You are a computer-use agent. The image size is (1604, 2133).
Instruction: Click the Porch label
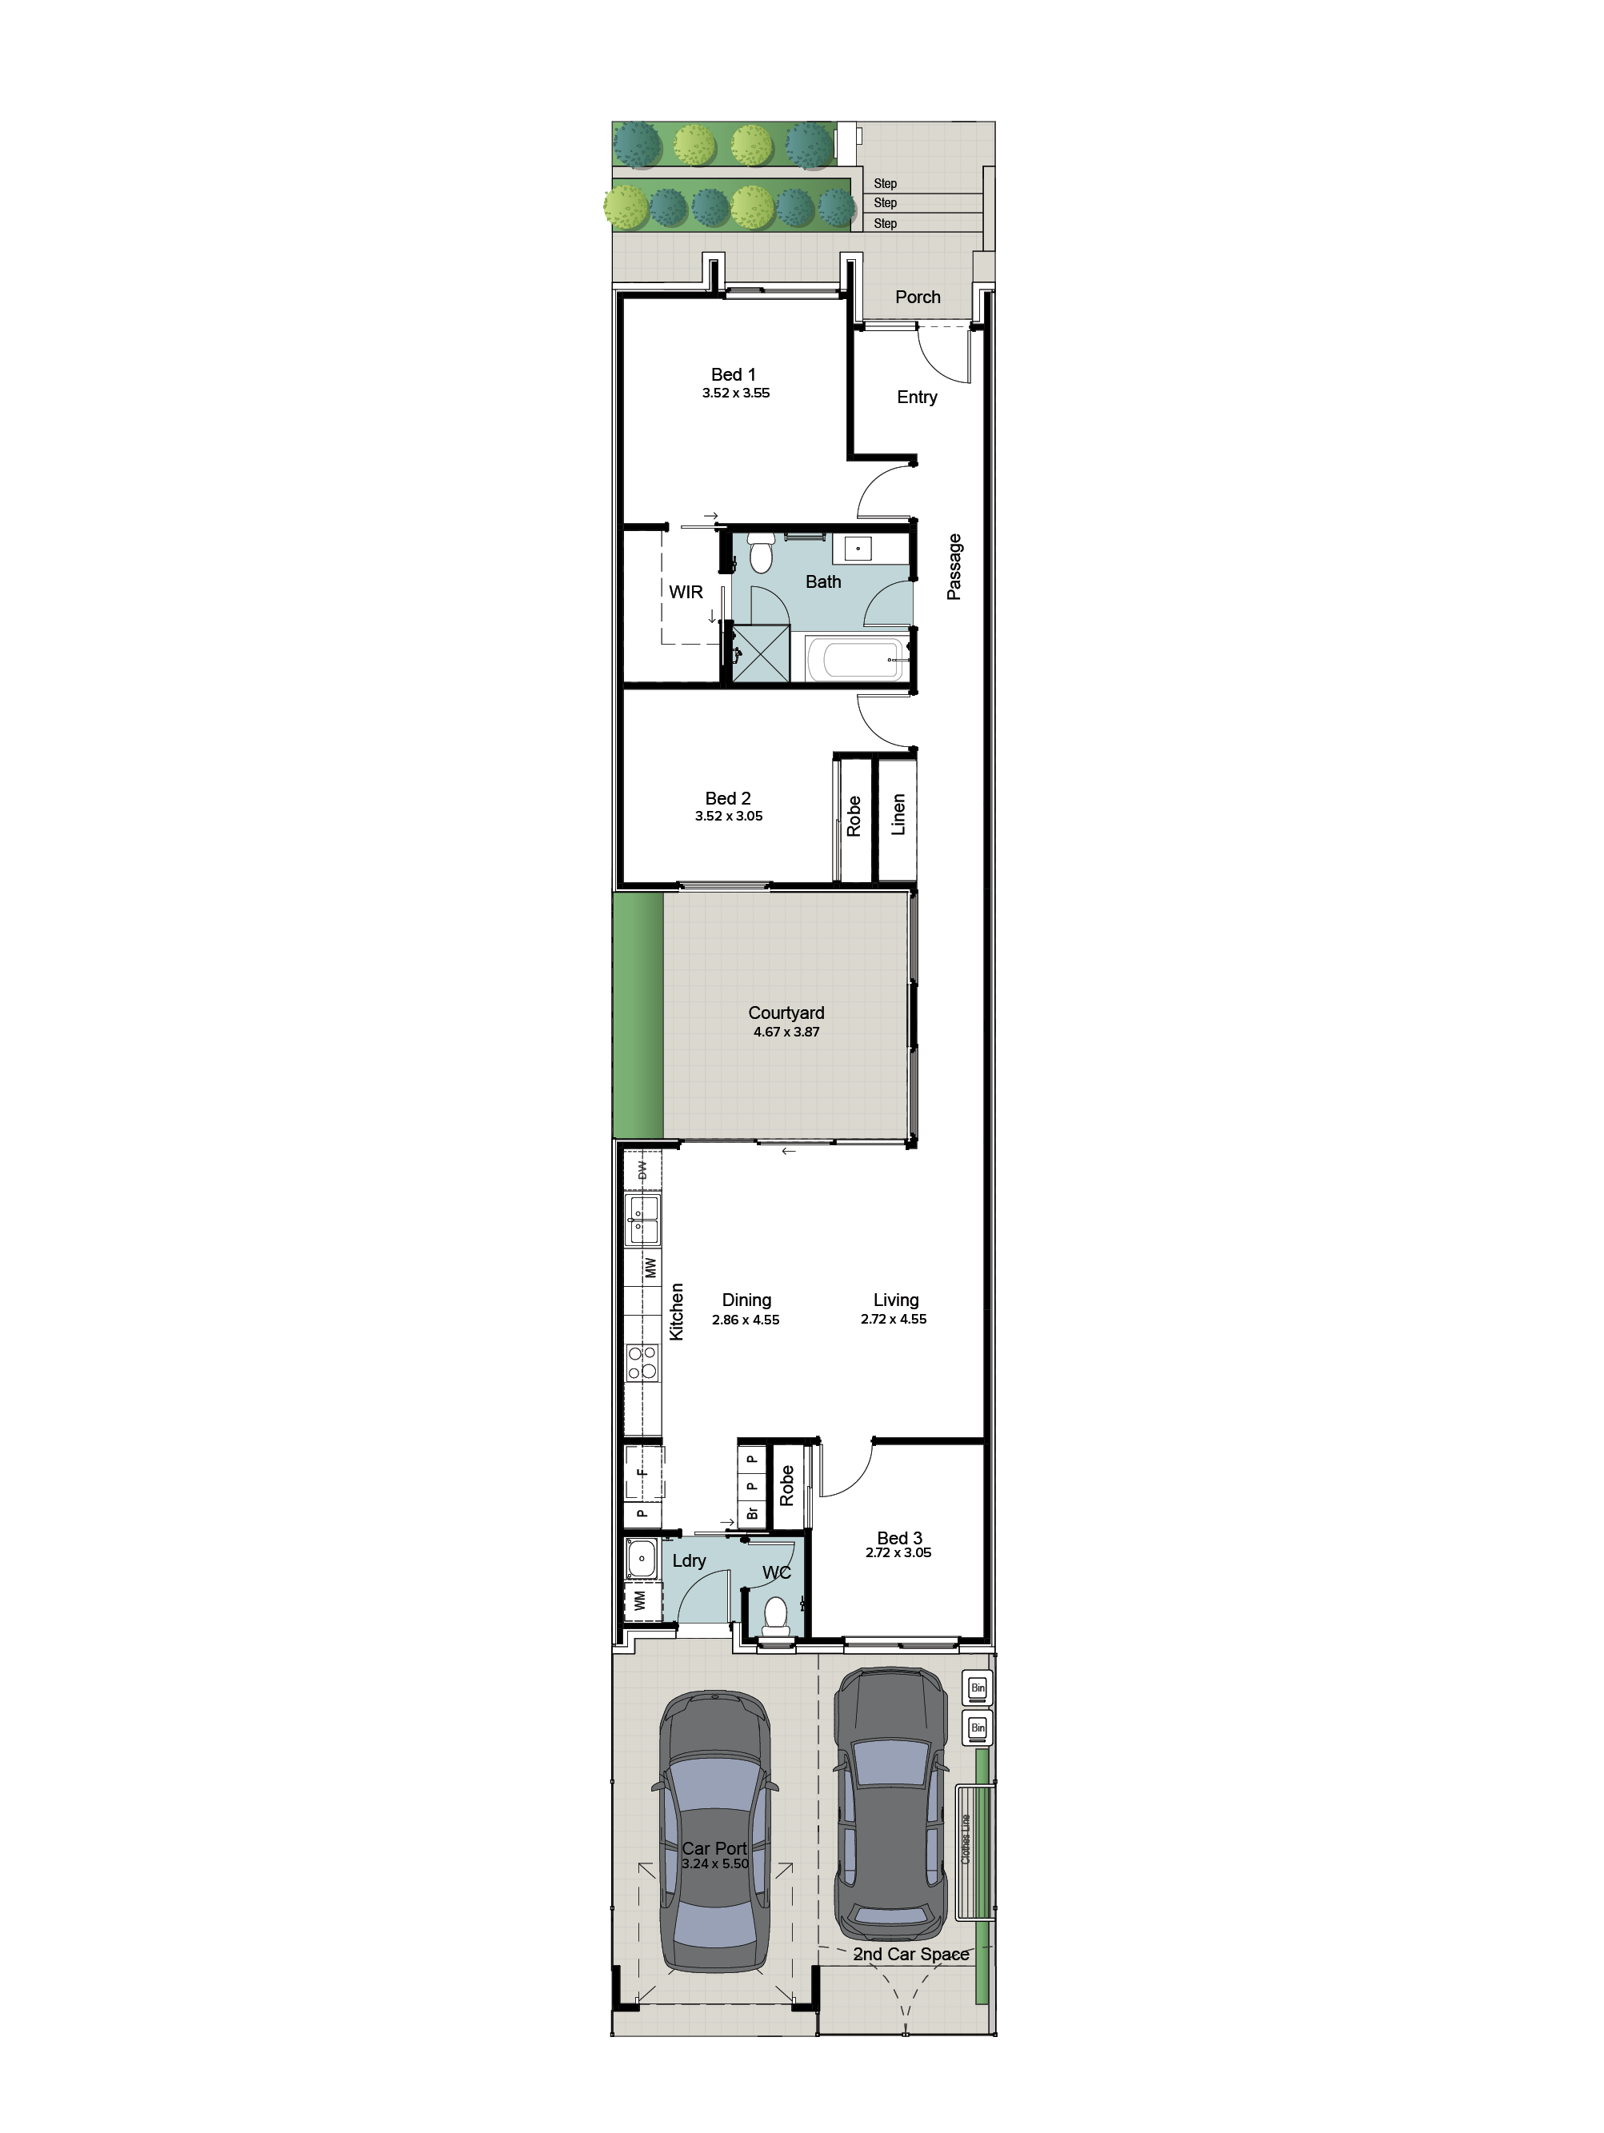coord(918,297)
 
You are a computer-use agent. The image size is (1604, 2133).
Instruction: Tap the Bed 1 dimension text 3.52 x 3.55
coord(736,393)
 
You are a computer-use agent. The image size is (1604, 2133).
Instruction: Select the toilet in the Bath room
coord(761,553)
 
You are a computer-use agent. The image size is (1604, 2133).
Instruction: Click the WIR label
coord(686,592)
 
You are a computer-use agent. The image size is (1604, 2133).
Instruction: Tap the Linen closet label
coord(898,815)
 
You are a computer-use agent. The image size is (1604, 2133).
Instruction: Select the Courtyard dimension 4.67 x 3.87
coord(787,1032)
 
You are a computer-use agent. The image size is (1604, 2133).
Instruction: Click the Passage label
coord(954,567)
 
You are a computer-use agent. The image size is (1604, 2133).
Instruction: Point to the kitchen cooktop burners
coord(642,1361)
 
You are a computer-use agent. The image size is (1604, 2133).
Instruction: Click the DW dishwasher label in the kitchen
coord(642,1170)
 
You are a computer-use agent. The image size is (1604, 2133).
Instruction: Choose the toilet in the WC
coord(775,1614)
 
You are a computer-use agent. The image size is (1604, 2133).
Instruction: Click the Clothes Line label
coord(966,1838)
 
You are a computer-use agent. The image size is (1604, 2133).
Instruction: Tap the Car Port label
coord(714,1848)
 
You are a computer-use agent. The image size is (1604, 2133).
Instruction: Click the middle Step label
coord(886,202)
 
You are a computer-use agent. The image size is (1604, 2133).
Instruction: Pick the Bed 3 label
coord(900,1538)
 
